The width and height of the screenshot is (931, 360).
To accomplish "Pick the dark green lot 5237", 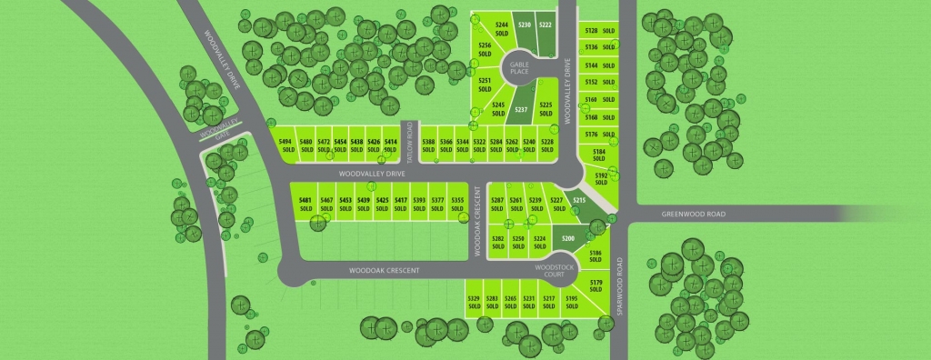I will (521, 111).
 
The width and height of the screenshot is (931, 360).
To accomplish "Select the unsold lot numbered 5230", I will (524, 27).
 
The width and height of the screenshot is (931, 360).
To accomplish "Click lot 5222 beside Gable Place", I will (546, 27).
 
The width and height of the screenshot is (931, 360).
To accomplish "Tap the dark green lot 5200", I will (568, 240).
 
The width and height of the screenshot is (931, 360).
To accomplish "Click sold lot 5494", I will (285, 145).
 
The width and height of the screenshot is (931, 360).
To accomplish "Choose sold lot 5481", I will (305, 204).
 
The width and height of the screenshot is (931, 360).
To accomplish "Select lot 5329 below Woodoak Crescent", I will (474, 302).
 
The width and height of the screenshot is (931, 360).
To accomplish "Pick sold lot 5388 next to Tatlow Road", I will (428, 145).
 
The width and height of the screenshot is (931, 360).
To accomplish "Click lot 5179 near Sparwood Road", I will (596, 286).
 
